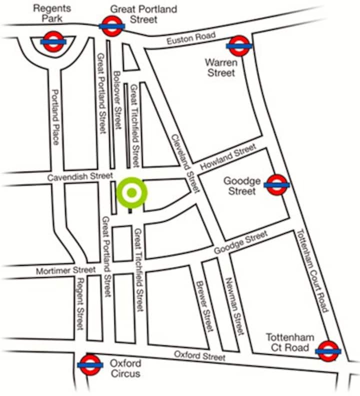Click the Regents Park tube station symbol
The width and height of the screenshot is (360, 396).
(x=52, y=42)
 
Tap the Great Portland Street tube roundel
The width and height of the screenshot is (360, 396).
(x=111, y=25)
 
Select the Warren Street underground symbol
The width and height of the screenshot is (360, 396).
(x=238, y=46)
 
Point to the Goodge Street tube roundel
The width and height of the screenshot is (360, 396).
(x=277, y=185)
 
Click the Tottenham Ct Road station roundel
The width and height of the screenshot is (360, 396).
(x=328, y=351)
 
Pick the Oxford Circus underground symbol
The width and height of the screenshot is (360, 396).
(x=90, y=365)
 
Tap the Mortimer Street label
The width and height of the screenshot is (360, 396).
(x=65, y=270)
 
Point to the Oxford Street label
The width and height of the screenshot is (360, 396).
(x=199, y=355)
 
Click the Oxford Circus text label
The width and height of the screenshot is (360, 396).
(x=125, y=368)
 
